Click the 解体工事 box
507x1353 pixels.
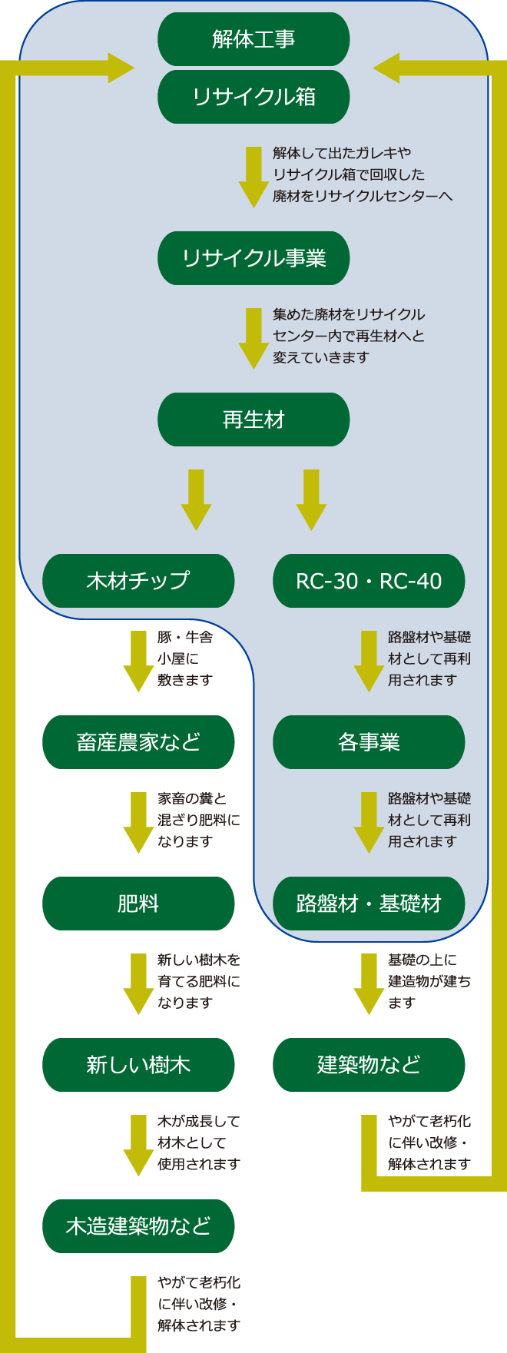click(x=253, y=39)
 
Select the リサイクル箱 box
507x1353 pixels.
click(x=253, y=97)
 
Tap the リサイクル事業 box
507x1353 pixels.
click(x=253, y=258)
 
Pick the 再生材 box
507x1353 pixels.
click(x=253, y=419)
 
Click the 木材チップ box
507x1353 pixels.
click(x=138, y=581)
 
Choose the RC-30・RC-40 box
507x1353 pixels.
click(x=369, y=581)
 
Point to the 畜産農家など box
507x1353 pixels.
click(x=138, y=742)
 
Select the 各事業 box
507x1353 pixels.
click(x=369, y=742)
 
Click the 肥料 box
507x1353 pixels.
click(x=138, y=904)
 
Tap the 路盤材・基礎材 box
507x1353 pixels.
click(x=369, y=904)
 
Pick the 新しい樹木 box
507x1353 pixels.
click(x=138, y=1065)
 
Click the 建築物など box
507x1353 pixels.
click(x=369, y=1065)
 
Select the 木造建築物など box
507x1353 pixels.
click(x=138, y=1226)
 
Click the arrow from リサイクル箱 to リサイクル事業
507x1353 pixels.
click(x=253, y=177)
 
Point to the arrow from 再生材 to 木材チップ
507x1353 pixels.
click(x=196, y=499)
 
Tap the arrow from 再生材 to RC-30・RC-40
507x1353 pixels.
click(x=311, y=499)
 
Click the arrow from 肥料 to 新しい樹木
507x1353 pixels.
click(x=138, y=983)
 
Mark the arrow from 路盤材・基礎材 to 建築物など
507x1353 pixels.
click(x=369, y=983)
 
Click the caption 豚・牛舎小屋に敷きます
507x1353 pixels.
click(x=185, y=658)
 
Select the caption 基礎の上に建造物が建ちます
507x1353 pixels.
click(x=429, y=981)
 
